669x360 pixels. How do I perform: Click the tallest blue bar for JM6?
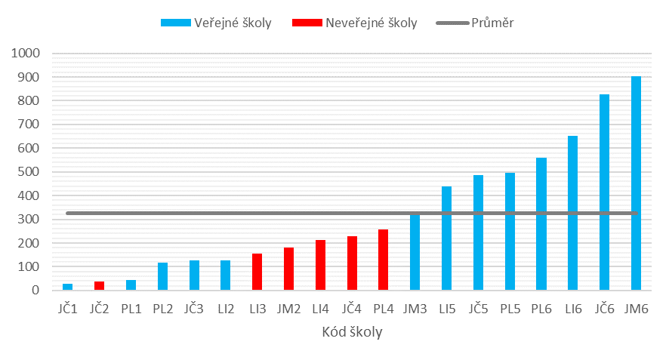(636, 183)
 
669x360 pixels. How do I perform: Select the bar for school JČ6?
(604, 192)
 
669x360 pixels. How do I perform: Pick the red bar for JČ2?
(99, 286)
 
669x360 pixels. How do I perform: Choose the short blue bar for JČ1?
(68, 287)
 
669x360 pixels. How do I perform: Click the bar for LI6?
(573, 213)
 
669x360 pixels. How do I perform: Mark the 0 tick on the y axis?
(35, 291)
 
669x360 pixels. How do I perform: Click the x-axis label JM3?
(415, 308)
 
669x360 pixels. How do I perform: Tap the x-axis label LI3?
(257, 308)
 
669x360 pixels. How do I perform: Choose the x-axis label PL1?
(131, 308)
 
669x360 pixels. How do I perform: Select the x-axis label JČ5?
(478, 308)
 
